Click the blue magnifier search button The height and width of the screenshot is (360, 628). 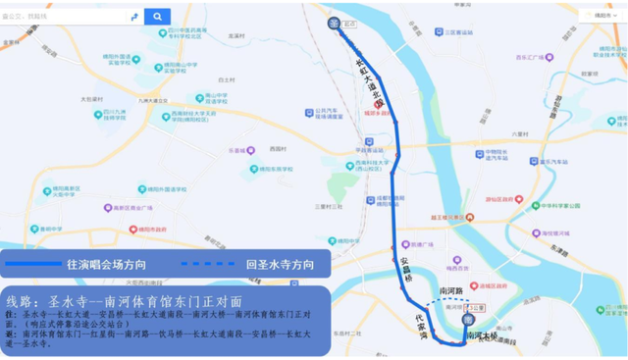click(x=157, y=17)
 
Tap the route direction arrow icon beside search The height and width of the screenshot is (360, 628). click(x=133, y=17)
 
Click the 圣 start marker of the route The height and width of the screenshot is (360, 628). click(x=334, y=24)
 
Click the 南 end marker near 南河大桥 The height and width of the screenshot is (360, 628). click(x=467, y=320)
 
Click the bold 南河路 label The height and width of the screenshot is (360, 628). click(x=451, y=291)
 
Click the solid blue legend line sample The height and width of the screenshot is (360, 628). click(x=32, y=265)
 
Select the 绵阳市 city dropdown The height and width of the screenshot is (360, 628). click(x=602, y=16)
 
